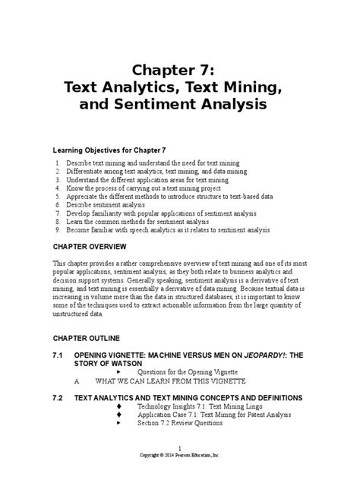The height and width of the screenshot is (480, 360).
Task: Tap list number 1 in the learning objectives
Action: (58, 163)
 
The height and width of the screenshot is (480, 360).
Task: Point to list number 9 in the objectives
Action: (58, 229)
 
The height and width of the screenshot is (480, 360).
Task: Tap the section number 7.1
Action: (58, 354)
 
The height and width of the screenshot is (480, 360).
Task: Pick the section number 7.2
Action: (58, 397)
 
